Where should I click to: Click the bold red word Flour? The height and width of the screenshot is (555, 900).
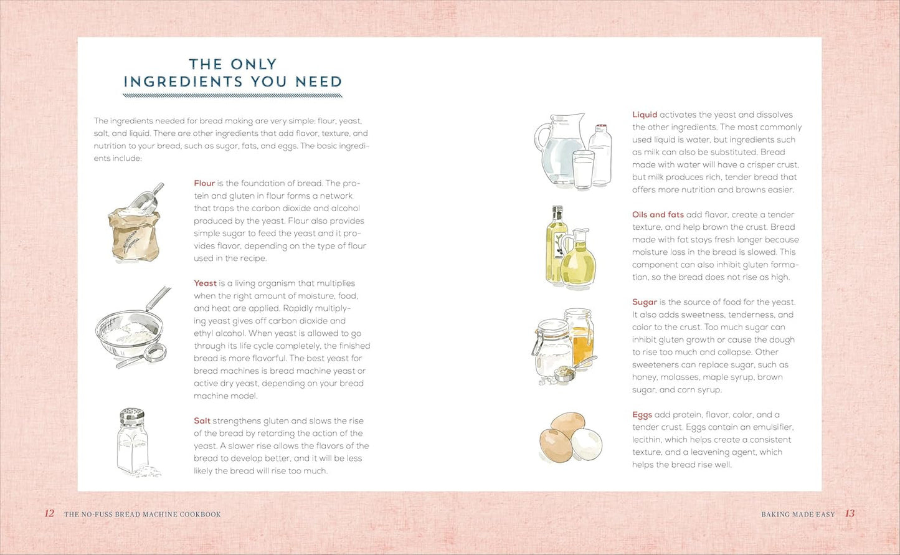coord(204,183)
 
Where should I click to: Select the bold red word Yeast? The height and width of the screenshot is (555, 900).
coord(205,283)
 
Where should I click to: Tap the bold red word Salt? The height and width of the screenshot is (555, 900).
coord(202,421)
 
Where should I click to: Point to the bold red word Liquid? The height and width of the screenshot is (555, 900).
coord(645,115)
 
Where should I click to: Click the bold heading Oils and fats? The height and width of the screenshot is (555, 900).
coord(658,215)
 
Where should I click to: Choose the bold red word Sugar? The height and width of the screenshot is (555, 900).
coord(645,302)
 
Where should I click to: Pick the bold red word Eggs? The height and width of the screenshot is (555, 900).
coord(642,415)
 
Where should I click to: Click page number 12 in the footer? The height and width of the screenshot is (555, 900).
coord(49,513)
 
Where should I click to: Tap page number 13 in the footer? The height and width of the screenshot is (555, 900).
coord(850,513)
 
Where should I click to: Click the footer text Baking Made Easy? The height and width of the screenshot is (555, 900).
coord(798,514)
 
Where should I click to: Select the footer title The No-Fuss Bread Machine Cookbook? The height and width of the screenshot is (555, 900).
coord(143,514)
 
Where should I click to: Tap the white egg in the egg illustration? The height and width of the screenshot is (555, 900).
coord(587,444)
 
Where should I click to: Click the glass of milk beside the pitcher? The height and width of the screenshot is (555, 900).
coord(584,169)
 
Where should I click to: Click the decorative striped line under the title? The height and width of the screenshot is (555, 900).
coord(233,96)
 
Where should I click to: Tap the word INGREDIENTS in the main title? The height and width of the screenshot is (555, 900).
coord(183,82)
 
